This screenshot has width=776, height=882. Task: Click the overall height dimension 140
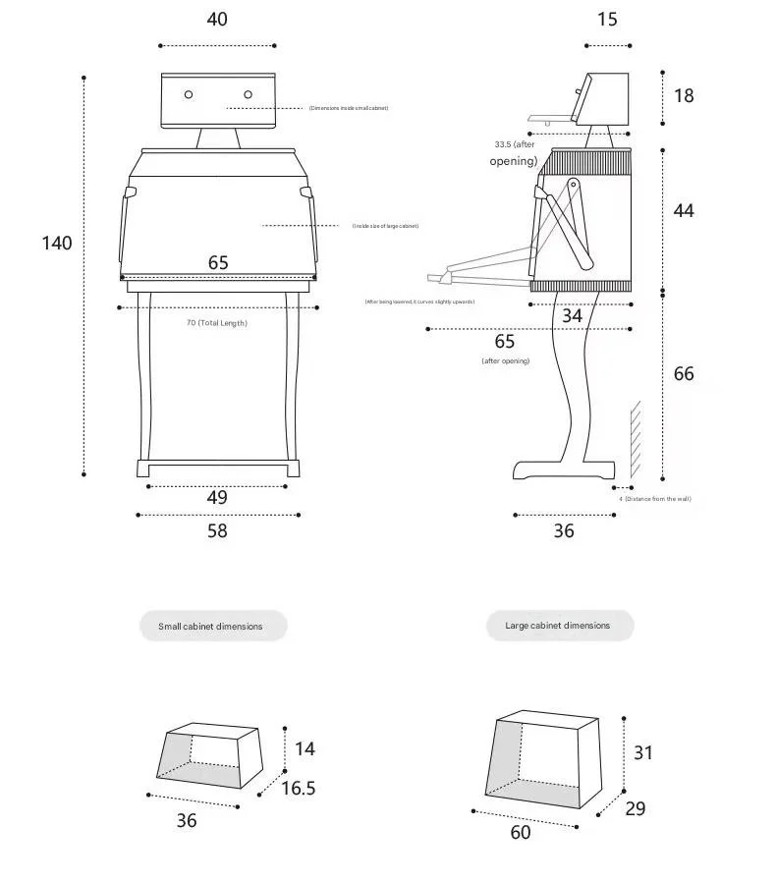tap(57, 243)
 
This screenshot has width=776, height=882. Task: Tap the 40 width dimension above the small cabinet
tap(217, 20)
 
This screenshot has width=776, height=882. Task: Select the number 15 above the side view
tap(607, 20)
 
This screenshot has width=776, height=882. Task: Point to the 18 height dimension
tap(684, 95)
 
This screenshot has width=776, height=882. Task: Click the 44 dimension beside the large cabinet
tap(684, 210)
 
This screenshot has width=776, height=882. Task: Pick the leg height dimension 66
tap(684, 374)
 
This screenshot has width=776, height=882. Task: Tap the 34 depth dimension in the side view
tap(572, 316)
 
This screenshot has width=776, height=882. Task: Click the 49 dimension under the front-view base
tap(217, 498)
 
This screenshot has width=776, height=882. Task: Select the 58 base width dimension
tap(217, 530)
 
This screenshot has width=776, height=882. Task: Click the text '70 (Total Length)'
tap(217, 323)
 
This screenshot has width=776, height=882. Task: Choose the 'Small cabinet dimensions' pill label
tap(212, 626)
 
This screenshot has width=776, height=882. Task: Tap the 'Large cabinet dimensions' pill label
tap(559, 626)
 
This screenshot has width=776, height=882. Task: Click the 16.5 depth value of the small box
tap(299, 788)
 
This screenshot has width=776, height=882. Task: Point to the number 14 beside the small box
tap(305, 749)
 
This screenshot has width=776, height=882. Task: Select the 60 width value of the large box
tap(521, 833)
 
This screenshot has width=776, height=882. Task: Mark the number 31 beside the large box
tap(643, 753)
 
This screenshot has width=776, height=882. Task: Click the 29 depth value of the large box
tap(636, 808)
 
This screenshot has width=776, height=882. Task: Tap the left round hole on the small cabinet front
tap(189, 94)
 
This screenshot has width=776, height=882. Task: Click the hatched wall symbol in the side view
tap(637, 437)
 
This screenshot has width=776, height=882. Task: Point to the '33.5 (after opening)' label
tap(515, 152)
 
